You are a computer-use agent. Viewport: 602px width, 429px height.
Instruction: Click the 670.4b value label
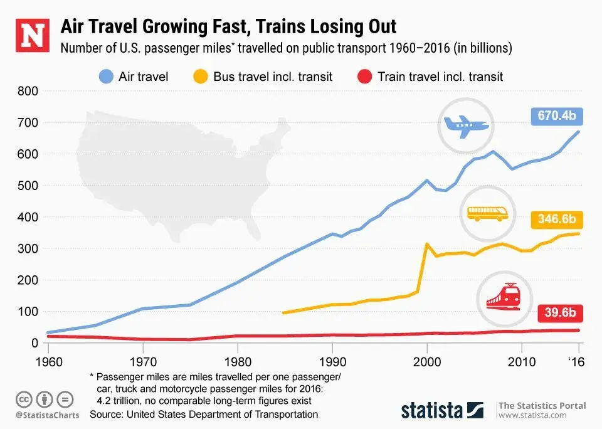coord(557,116)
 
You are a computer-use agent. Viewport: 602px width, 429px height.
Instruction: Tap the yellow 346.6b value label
coord(557,220)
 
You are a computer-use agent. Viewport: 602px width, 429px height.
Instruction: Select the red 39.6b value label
coord(561,312)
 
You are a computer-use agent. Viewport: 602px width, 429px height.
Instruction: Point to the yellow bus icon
coord(487,213)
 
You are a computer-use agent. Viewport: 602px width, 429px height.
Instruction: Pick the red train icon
coord(503,297)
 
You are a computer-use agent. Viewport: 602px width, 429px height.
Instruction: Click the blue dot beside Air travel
coord(107,77)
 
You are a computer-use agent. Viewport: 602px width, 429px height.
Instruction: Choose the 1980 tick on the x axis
coord(238,362)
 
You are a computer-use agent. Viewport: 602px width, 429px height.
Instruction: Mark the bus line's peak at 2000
coord(427,244)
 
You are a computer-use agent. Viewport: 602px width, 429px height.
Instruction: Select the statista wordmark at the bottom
coord(432,411)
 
